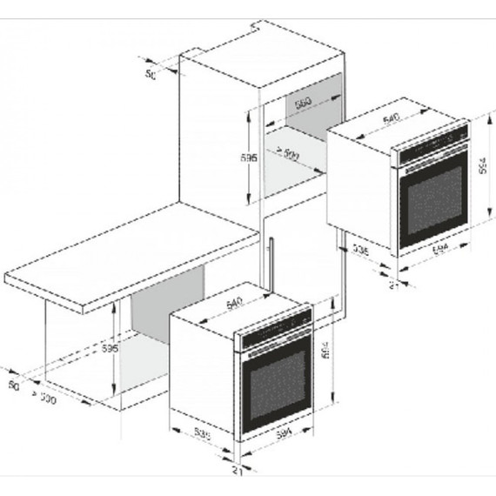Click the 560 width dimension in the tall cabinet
(302, 103)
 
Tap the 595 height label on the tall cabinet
(250, 159)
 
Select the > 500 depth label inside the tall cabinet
(288, 154)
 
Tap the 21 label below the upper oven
(392, 284)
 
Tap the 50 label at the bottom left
(11, 383)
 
